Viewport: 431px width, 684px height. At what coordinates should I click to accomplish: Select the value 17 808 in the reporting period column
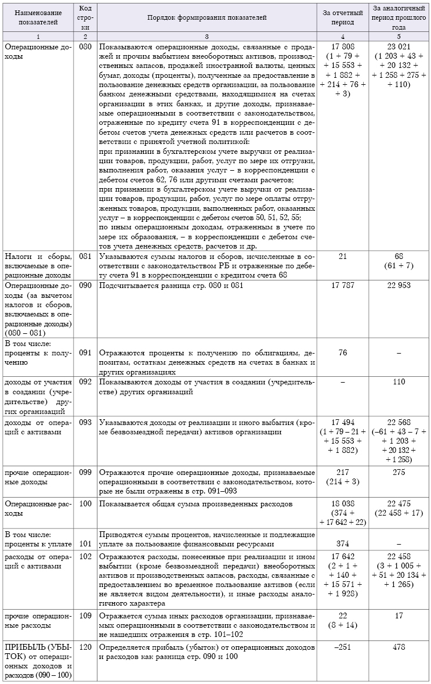pyautogui.click(x=342, y=46)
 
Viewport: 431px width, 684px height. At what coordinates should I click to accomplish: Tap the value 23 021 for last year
pyautogui.click(x=399, y=46)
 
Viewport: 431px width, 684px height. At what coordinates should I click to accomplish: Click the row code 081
pyautogui.click(x=85, y=255)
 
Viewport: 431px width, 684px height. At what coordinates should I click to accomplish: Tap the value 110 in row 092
pyautogui.click(x=399, y=382)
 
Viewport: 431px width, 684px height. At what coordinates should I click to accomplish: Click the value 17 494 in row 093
pyautogui.click(x=342, y=422)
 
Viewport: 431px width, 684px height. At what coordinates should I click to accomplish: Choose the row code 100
pyautogui.click(x=85, y=503)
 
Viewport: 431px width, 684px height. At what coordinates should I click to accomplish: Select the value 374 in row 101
pyautogui.click(x=342, y=543)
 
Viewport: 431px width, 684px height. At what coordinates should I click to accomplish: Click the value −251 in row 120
pyautogui.click(x=342, y=647)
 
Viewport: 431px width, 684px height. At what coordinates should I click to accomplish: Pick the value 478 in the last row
pyautogui.click(x=399, y=647)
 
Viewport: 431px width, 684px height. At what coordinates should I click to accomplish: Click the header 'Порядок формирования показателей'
pyautogui.click(x=207, y=18)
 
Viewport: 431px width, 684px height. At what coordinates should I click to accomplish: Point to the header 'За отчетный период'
pyautogui.click(x=342, y=18)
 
